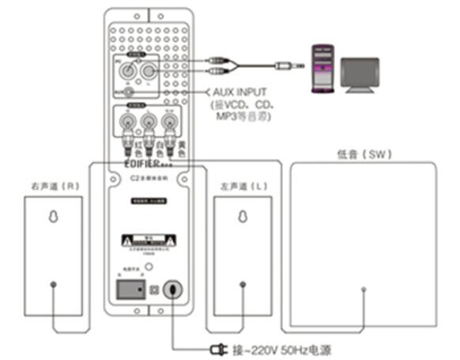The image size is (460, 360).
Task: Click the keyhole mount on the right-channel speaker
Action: click(x=52, y=218)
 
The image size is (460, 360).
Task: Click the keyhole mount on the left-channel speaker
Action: click(x=243, y=218)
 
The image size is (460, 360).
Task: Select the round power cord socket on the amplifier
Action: click(x=174, y=290)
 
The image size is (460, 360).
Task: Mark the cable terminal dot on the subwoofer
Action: click(x=364, y=290)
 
